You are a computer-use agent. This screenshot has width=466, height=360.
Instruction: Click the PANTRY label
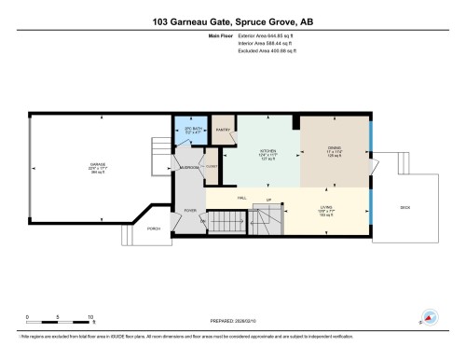[x=224, y=130]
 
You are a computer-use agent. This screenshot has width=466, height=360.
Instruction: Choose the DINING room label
[x=335, y=148]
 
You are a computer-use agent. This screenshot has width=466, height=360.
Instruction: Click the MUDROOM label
[x=189, y=167]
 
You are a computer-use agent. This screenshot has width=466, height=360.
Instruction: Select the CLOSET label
[x=211, y=167]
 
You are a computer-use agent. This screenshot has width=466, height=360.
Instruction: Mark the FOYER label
[x=190, y=211]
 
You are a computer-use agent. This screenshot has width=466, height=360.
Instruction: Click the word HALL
[x=241, y=199]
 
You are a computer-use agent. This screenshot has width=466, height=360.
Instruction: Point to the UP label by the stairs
[x=269, y=200]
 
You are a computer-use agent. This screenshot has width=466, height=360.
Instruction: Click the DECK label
[x=404, y=206]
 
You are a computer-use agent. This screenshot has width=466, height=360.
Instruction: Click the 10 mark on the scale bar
[x=90, y=317]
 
